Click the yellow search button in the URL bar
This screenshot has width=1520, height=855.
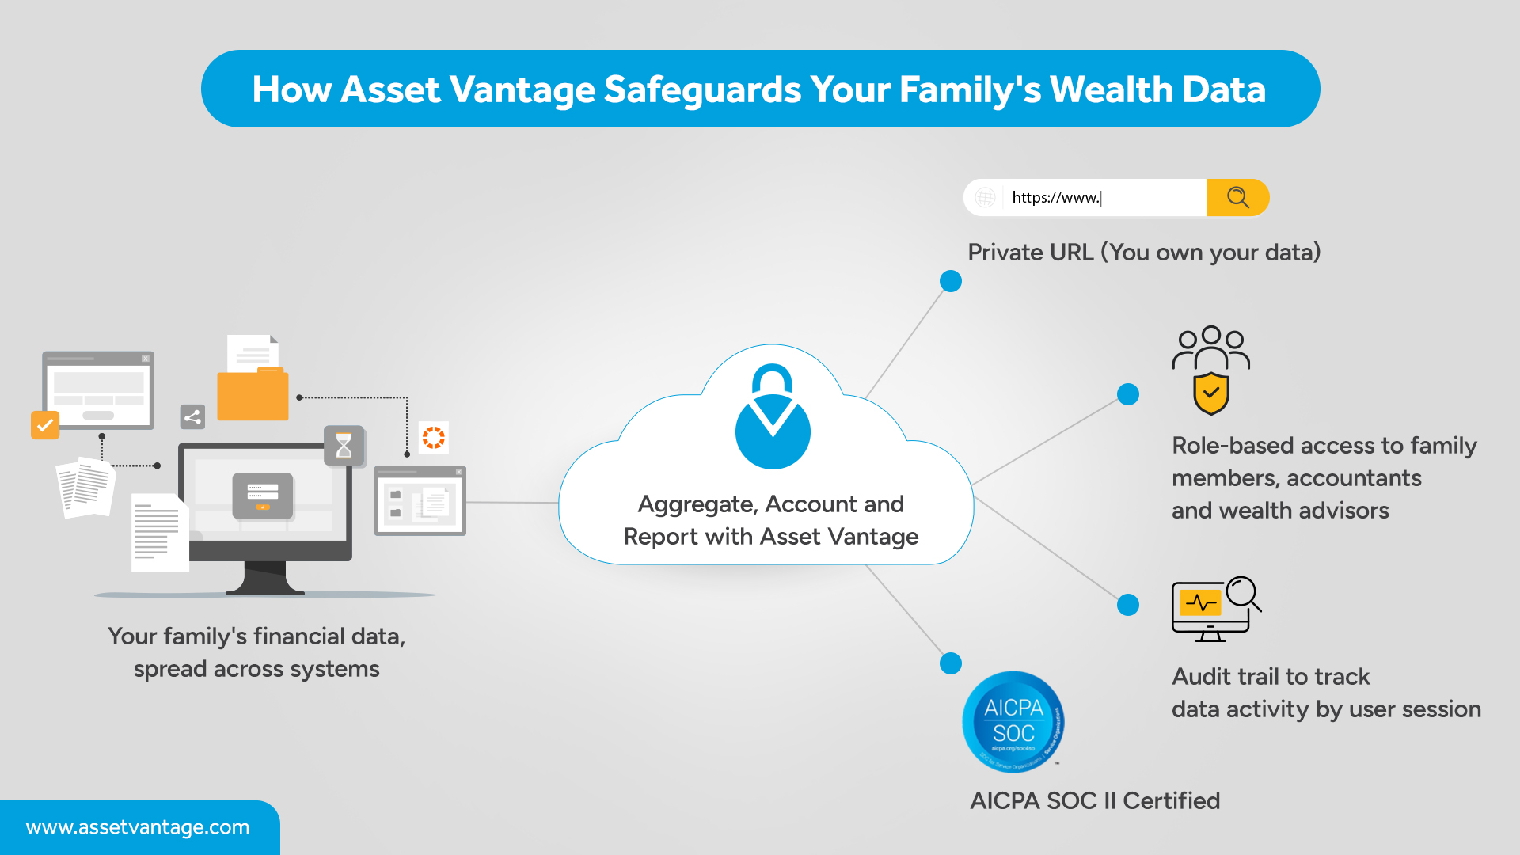pos(1237,197)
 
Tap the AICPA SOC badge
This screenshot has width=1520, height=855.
pos(1013,721)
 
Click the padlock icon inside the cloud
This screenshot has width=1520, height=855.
pos(773,416)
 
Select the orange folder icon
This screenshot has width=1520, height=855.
pos(253,393)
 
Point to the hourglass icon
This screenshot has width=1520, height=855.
pos(344,446)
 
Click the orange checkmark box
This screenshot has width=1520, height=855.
pos(45,425)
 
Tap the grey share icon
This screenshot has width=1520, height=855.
pos(192,416)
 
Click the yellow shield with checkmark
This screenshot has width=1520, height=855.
pos(1211,393)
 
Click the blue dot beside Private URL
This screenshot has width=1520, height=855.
pos(951,281)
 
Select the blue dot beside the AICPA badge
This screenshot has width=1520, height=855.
pos(951,663)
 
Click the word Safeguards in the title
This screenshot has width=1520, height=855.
pos(702,89)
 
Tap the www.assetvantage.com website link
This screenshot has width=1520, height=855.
pos(138,827)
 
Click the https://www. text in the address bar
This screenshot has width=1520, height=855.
pos(1056,198)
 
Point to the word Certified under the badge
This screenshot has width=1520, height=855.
pos(1171,801)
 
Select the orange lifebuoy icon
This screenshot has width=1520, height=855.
pos(434,438)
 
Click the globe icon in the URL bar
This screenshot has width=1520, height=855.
pos(985,197)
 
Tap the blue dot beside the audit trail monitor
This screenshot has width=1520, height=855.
pos(1128,605)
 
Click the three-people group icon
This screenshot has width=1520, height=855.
pos(1211,347)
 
